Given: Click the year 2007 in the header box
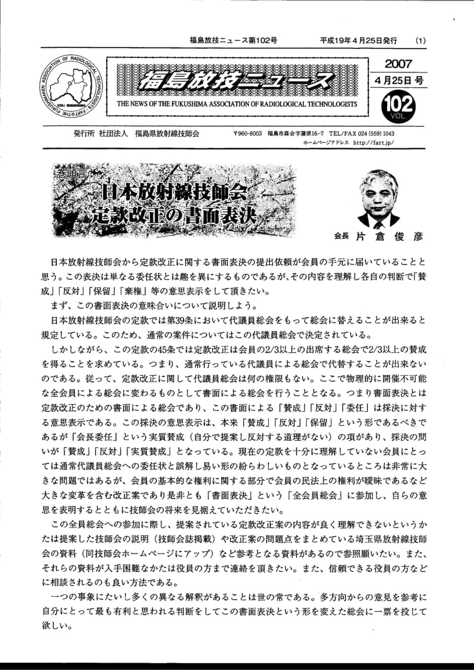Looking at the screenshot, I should (x=398, y=63).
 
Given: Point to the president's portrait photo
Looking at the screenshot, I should (x=379, y=197).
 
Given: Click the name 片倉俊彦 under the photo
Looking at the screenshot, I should (x=389, y=236).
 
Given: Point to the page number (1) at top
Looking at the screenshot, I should (x=420, y=41).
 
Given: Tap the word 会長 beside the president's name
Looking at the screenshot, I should (x=341, y=237).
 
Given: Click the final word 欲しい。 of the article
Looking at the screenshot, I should (x=57, y=625).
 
